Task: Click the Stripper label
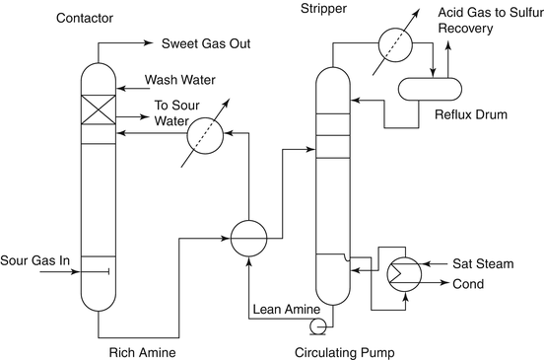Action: tap(322, 9)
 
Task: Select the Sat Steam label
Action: tap(480, 263)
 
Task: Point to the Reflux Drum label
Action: tap(471, 115)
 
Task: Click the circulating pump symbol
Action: tap(317, 324)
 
